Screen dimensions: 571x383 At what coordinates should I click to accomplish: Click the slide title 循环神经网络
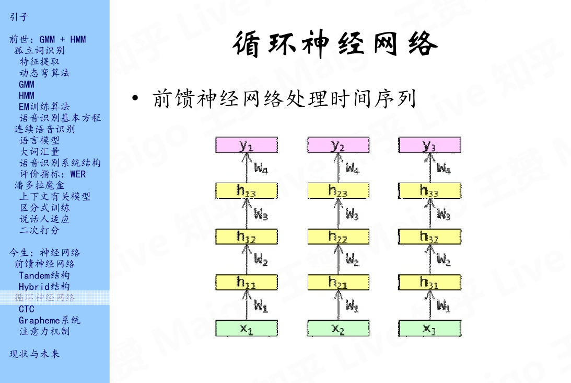pyautogui.click(x=335, y=44)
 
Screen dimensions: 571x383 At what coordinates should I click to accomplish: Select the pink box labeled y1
pyautogui.click(x=247, y=145)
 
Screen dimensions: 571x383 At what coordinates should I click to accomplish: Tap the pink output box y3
pyautogui.click(x=429, y=145)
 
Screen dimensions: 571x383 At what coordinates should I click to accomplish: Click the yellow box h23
pyautogui.click(x=338, y=190)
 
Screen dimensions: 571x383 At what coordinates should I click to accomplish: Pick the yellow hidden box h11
pyautogui.click(x=247, y=283)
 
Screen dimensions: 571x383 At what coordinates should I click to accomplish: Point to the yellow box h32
pyautogui.click(x=429, y=236)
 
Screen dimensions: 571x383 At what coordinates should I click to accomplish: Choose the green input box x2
pyautogui.click(x=338, y=328)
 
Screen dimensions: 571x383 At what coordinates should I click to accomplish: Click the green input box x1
pyautogui.click(x=247, y=328)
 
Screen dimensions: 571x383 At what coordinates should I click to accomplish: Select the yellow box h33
pyautogui.click(x=429, y=190)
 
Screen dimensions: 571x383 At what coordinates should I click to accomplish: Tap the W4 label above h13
pyautogui.click(x=261, y=168)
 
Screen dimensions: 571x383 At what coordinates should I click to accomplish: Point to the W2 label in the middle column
pyautogui.click(x=353, y=260)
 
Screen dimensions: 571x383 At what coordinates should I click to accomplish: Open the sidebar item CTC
pyautogui.click(x=27, y=309)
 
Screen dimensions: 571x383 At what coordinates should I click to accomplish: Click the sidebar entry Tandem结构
pyautogui.click(x=44, y=275)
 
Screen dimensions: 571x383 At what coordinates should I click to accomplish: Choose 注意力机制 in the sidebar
pyautogui.click(x=44, y=331)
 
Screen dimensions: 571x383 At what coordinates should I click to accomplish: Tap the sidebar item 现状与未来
pyautogui.click(x=34, y=354)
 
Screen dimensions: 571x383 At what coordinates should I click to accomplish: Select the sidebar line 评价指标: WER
pyautogui.click(x=53, y=174)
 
